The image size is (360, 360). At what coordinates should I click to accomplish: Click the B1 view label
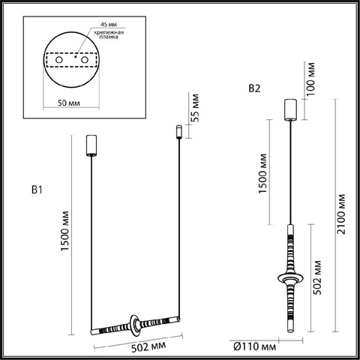point(37,190)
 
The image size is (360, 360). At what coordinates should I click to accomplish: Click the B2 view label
point(254,88)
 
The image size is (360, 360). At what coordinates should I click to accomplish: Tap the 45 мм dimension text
point(109,25)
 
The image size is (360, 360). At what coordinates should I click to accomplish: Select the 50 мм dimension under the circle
point(69,103)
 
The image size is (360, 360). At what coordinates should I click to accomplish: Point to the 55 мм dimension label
point(196,108)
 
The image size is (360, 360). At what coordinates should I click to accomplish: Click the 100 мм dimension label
point(310,79)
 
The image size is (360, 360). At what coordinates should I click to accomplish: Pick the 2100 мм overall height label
point(341,214)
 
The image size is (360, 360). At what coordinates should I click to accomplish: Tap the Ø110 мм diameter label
point(255,346)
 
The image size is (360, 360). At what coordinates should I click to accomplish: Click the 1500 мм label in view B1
point(64,231)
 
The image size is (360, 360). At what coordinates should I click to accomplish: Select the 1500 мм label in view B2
point(262,174)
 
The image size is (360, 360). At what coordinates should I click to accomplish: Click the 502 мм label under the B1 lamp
point(148,346)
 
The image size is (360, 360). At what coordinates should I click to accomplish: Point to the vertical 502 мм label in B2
point(317,277)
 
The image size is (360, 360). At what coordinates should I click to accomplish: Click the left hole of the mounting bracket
point(59,60)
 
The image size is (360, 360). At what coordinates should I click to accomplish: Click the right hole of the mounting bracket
point(85,60)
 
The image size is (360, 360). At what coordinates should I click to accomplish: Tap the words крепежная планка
point(109,34)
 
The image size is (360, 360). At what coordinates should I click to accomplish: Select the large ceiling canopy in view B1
point(91,145)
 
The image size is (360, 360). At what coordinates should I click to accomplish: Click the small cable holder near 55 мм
point(178,132)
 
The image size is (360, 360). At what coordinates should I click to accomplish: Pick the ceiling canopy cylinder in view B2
point(290,109)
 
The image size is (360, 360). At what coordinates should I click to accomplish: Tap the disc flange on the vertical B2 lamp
point(290,278)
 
